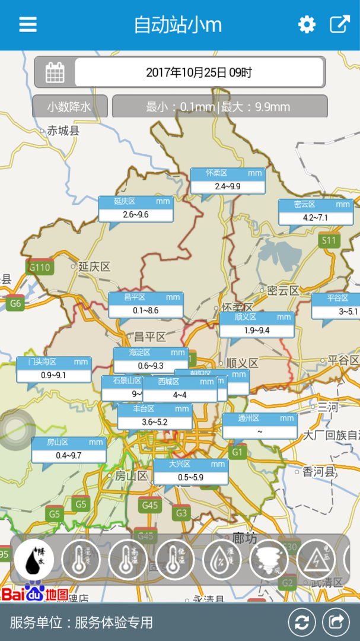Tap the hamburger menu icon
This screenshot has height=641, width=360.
coord(28,24)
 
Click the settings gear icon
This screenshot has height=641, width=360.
coord(307,24)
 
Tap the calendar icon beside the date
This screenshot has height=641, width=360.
coord(55,72)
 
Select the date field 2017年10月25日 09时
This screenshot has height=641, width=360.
coord(199,72)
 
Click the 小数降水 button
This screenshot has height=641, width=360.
coord(70,107)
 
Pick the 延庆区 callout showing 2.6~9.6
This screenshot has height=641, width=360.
coord(136,214)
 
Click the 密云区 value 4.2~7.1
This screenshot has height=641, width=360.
coord(316,218)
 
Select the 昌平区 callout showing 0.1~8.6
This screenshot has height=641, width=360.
coord(146,310)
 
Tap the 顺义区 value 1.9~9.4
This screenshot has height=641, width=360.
coord(257,330)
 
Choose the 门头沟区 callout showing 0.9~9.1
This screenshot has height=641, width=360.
coord(54,375)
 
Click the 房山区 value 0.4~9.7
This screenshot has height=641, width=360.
coord(69,455)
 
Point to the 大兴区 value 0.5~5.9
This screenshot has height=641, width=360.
coord(190,477)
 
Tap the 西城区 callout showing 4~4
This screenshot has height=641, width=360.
coord(180,395)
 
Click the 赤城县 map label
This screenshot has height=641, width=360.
coord(63,131)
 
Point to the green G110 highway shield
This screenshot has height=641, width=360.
coord(40,267)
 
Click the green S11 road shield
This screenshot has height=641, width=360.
coord(328,240)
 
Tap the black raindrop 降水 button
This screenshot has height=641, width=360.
coord(34,560)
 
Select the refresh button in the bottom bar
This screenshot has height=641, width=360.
coord(302,622)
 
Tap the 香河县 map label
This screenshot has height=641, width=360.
coord(319,472)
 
